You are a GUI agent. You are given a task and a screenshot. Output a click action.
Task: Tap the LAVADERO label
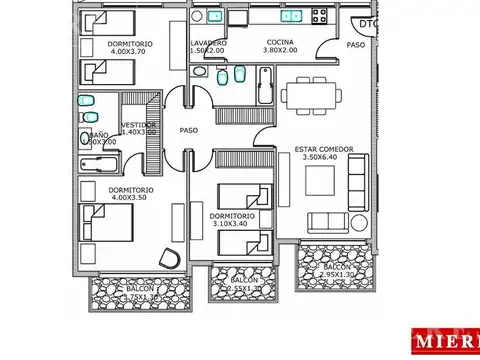[x=208, y=43]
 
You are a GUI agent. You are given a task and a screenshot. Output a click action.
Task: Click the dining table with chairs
[x=312, y=97]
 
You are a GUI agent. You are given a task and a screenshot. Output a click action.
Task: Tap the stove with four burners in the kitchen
[x=323, y=15]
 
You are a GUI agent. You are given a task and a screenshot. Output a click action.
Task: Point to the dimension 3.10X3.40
[x=231, y=224]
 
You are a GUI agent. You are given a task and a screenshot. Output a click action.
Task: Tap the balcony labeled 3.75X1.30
[x=133, y=292]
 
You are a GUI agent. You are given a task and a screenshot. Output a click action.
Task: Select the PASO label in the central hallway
[x=189, y=129]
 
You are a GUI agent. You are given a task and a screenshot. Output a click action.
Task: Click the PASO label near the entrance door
[x=355, y=45]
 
